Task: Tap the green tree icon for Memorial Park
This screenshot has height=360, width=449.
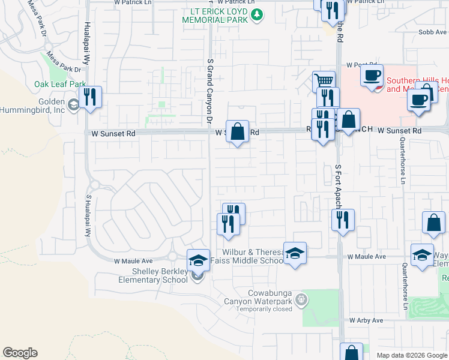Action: [257, 14]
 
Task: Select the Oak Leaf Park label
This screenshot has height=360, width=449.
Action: [60, 84]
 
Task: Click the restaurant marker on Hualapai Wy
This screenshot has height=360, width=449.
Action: [90, 97]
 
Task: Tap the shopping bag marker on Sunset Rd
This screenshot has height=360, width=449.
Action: [238, 131]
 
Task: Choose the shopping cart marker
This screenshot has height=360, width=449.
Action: [324, 81]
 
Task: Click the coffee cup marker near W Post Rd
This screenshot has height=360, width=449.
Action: [372, 76]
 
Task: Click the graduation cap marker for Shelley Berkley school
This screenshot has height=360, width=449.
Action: [198, 260]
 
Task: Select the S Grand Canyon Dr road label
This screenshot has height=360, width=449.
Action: [209, 90]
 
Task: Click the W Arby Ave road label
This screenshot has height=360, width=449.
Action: [366, 321]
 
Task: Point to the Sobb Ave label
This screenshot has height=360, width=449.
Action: [432, 32]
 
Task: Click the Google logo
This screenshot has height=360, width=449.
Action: [20, 353]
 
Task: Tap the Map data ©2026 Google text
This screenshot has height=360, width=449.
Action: [411, 355]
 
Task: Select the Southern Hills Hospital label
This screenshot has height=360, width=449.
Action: [417, 85]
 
